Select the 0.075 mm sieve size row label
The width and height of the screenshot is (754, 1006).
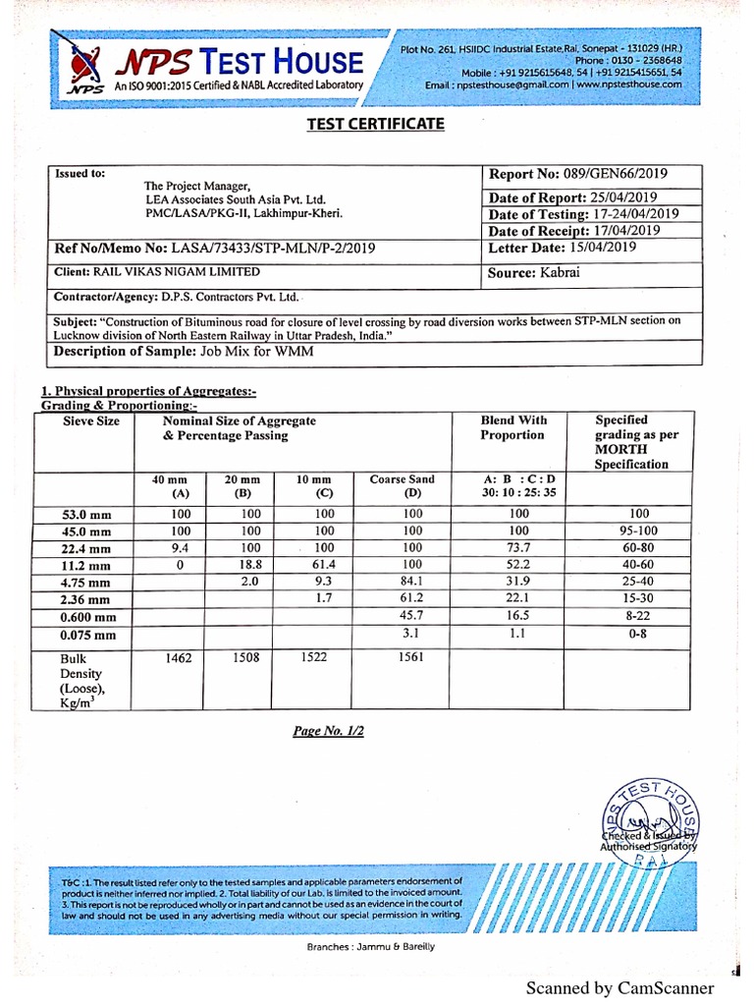point(75,635)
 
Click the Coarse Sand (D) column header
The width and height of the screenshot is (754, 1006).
point(402,486)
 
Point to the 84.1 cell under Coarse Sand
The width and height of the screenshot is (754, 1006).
point(412,582)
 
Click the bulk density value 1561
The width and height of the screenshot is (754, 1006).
point(412,657)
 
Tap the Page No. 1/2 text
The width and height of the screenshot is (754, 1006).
point(328,732)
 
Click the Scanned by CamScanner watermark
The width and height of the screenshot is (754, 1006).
point(619,987)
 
